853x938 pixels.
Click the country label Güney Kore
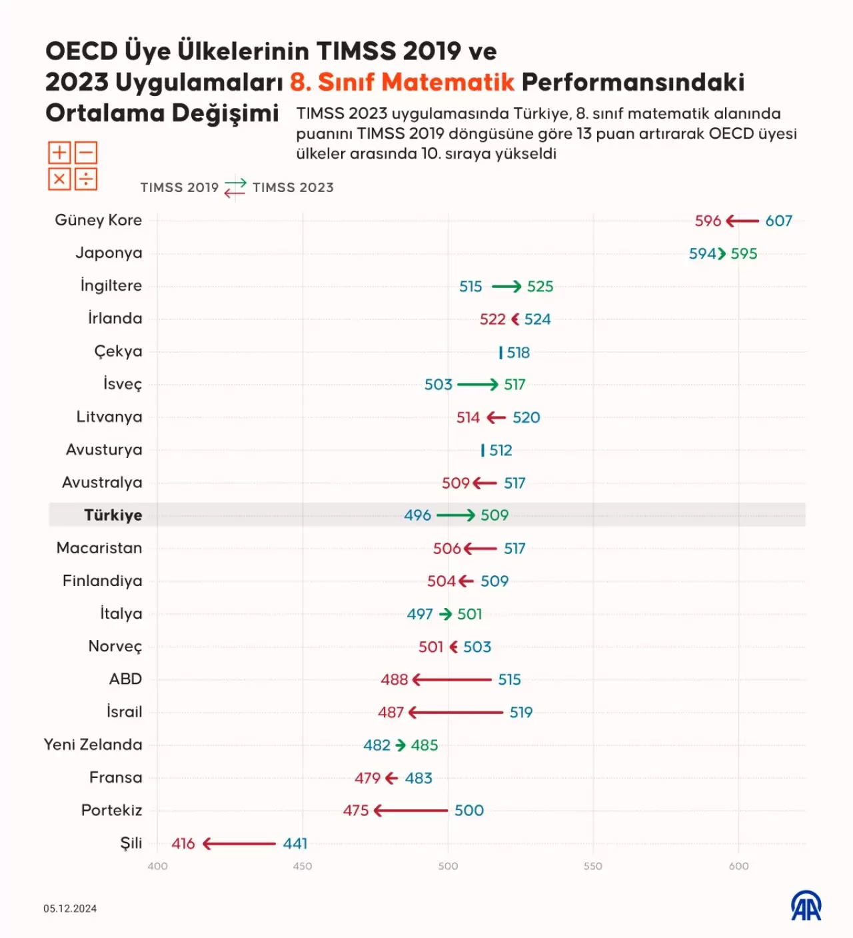[x=98, y=220]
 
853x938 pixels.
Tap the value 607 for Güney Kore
[x=778, y=221]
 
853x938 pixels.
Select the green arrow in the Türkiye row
[x=456, y=515]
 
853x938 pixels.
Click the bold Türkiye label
[x=113, y=515]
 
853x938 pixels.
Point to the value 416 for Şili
[x=183, y=843]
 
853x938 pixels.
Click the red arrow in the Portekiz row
[x=411, y=811]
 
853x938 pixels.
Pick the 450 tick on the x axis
[x=303, y=866]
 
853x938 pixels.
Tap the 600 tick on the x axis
[x=738, y=866]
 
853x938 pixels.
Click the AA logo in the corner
[x=806, y=906]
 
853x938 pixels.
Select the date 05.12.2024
[x=70, y=909]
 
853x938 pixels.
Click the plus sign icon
[x=59, y=153]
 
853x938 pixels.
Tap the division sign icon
[x=86, y=179]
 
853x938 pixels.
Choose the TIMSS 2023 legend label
[x=293, y=188]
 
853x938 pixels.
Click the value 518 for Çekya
[x=518, y=353]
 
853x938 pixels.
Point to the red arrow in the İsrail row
[x=456, y=713]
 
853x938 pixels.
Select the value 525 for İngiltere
[x=540, y=287]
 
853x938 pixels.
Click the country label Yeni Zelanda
[x=93, y=745]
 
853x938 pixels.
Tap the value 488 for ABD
[x=394, y=679]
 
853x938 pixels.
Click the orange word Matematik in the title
[x=448, y=82]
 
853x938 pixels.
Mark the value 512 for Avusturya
[x=500, y=451]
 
